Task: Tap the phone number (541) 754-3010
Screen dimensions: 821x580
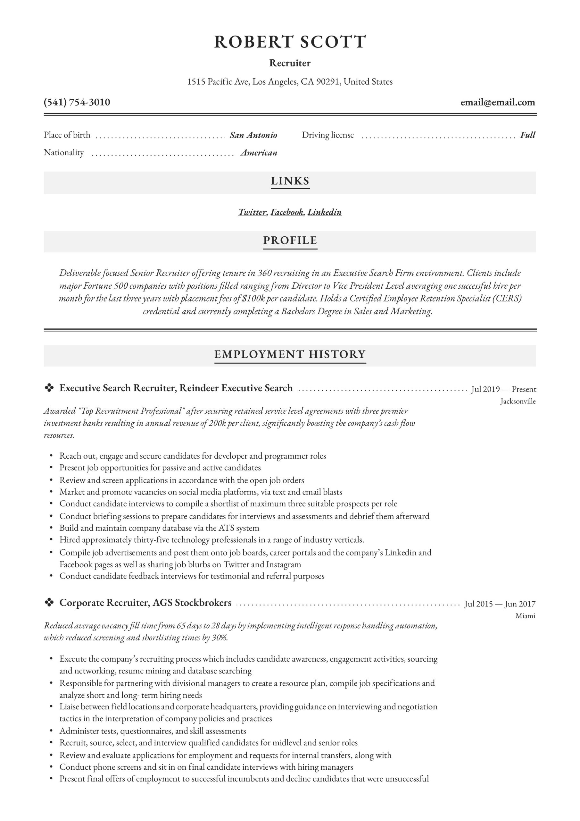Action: point(77,102)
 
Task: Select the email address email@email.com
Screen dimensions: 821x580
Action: point(497,102)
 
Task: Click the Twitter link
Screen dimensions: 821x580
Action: point(252,212)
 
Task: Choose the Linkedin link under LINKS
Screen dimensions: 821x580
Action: point(325,212)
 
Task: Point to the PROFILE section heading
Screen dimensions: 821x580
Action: point(290,240)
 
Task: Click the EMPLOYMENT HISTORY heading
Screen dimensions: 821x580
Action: point(290,354)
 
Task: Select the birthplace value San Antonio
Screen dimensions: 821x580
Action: point(253,135)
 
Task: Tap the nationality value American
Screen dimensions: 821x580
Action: point(259,153)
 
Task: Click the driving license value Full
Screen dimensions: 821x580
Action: point(527,135)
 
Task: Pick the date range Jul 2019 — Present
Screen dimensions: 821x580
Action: point(503,389)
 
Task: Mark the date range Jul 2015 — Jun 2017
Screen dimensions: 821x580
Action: point(500,604)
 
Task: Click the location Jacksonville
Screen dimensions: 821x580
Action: point(518,401)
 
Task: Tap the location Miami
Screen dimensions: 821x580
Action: point(525,616)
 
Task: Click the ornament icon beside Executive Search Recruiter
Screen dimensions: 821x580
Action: point(49,388)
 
